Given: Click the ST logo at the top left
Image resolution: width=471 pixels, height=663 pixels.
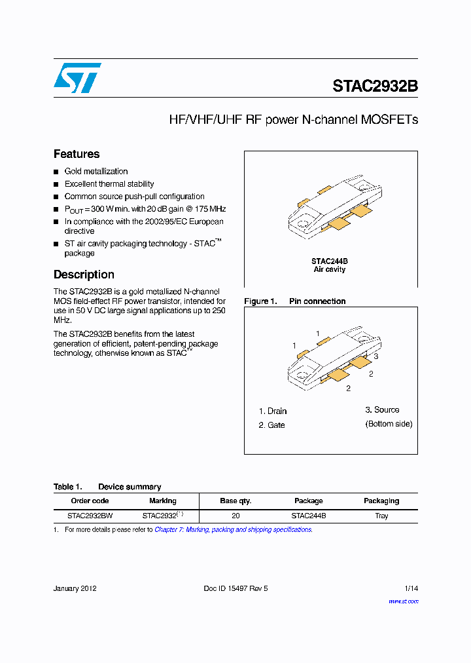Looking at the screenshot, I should (x=77, y=78).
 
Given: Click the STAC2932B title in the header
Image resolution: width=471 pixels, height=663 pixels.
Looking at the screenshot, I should (x=375, y=86).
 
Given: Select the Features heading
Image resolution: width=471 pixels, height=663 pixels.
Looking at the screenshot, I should (x=77, y=154).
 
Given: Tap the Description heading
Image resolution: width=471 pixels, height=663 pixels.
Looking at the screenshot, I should (x=84, y=275).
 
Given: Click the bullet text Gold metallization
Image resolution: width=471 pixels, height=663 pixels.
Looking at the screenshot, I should (x=96, y=171).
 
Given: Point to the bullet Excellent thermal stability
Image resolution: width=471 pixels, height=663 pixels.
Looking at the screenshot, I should (x=109, y=184).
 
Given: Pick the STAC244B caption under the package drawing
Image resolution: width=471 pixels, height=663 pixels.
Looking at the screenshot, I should (x=330, y=261).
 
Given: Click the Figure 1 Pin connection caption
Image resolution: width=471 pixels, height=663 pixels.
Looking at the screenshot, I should (x=295, y=301).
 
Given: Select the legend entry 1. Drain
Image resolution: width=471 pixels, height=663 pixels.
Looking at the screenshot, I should (x=273, y=411).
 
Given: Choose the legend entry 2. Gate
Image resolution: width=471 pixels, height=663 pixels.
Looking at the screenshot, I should (x=272, y=425).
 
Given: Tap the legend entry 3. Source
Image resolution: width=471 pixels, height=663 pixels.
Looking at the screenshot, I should (x=382, y=410).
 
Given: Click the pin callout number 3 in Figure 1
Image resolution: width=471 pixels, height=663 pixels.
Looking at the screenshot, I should (x=376, y=356).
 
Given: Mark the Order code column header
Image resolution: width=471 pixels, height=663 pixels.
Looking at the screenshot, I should (x=90, y=501).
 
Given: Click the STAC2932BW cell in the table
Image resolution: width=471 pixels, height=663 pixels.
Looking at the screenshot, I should (x=90, y=516).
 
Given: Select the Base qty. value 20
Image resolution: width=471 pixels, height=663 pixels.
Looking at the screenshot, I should (x=235, y=516).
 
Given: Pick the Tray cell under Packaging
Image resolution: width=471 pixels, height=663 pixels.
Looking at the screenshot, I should (x=381, y=516).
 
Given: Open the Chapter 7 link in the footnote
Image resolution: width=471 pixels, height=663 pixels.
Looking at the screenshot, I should (x=233, y=529).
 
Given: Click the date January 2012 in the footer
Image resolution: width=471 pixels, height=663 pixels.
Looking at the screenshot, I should (x=75, y=588).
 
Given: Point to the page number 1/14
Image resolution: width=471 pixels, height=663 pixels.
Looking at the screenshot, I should (x=411, y=588).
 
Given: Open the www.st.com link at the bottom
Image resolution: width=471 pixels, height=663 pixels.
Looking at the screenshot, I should (x=403, y=601).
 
